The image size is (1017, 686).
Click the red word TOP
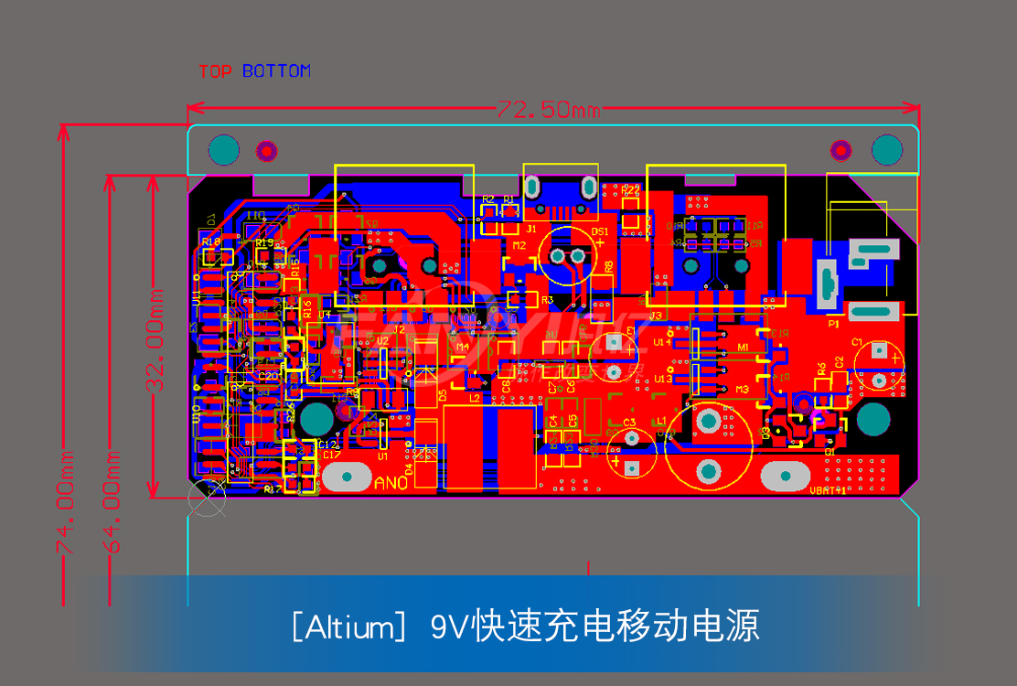point(215,71)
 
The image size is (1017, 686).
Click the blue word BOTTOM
point(276,71)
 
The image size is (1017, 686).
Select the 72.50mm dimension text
point(548,110)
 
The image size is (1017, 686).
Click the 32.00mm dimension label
point(156,339)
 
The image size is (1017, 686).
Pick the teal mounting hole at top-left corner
point(223,150)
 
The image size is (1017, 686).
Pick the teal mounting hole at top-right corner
point(886,149)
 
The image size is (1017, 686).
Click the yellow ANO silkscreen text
point(391,484)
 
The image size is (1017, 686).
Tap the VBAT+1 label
point(828,490)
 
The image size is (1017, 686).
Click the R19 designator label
point(264,243)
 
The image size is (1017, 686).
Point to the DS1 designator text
point(600,232)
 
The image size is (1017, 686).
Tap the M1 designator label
point(743,348)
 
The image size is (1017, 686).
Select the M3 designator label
point(743,390)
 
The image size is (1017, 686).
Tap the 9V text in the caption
point(449,627)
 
